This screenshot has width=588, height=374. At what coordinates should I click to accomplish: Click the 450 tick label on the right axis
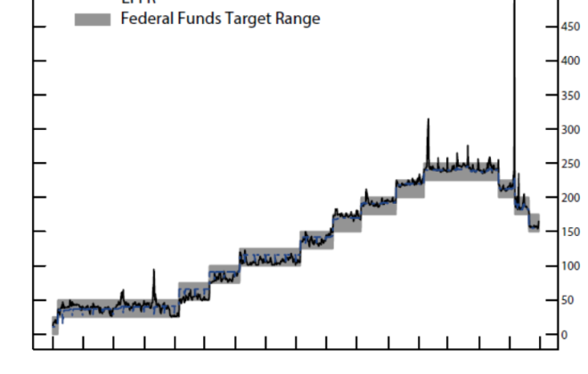[x=568, y=27]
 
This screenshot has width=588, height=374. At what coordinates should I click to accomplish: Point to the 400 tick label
[x=568, y=61]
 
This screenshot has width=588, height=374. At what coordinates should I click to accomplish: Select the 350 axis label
[x=568, y=95]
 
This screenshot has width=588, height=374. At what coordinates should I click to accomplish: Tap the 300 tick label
[x=568, y=129]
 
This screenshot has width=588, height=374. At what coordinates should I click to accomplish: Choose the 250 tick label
[x=568, y=164]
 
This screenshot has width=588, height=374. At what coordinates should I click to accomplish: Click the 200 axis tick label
[x=568, y=198]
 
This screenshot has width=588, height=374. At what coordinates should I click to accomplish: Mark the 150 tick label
[x=568, y=232]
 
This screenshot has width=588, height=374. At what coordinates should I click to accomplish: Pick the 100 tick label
[x=568, y=266]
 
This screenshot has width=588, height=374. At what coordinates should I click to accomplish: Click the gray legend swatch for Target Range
[x=93, y=19]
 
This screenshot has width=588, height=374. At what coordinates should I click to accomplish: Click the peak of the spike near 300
[x=428, y=119]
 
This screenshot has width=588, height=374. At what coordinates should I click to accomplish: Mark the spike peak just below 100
[x=153, y=270]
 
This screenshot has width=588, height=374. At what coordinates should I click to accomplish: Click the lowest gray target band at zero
[x=55, y=329]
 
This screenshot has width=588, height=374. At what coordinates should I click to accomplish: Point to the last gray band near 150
[x=534, y=223]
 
